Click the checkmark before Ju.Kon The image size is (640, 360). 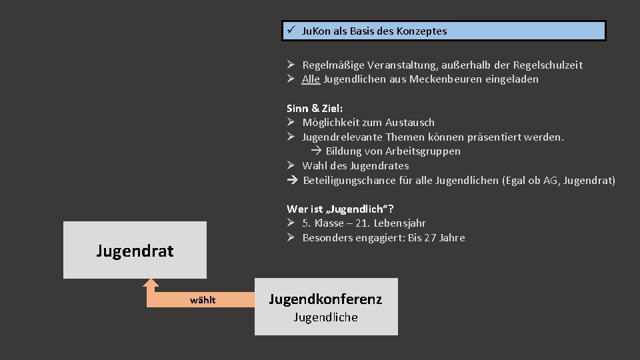(x=291, y=31)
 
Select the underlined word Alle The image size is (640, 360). (x=311, y=79)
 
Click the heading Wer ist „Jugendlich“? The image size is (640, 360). (x=345, y=209)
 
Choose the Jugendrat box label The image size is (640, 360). (x=135, y=251)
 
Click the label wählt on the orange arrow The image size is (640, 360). (x=203, y=300)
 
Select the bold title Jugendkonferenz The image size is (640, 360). (x=325, y=299)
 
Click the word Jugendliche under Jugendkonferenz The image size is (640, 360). (x=325, y=317)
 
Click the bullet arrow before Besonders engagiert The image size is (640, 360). (x=291, y=238)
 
